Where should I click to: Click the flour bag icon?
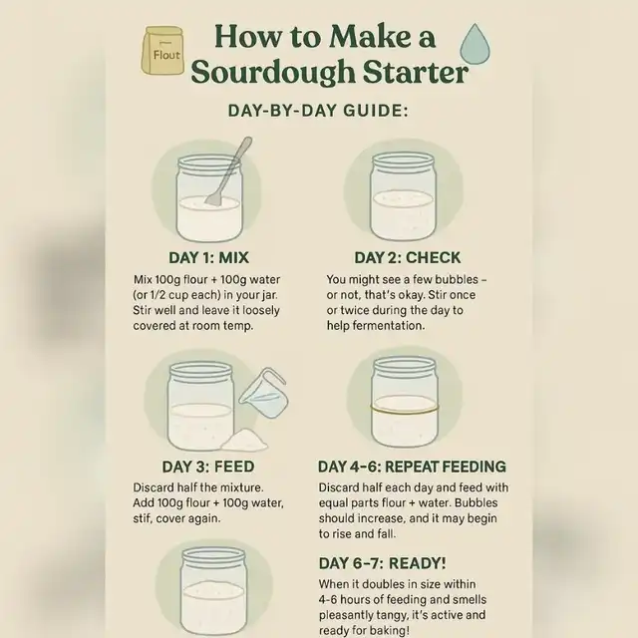(x=162, y=51)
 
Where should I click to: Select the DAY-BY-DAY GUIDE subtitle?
(x=318, y=111)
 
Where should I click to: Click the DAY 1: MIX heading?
(x=208, y=257)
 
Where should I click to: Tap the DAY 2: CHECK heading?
(x=407, y=257)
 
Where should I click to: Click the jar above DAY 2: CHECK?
(x=403, y=195)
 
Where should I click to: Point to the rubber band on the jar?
(x=404, y=409)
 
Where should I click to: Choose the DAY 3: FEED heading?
(x=207, y=467)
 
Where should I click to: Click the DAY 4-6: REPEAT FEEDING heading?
(x=412, y=467)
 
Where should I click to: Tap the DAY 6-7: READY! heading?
(x=382, y=562)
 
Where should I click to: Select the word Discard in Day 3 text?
(x=158, y=487)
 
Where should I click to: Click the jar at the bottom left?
(x=212, y=593)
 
